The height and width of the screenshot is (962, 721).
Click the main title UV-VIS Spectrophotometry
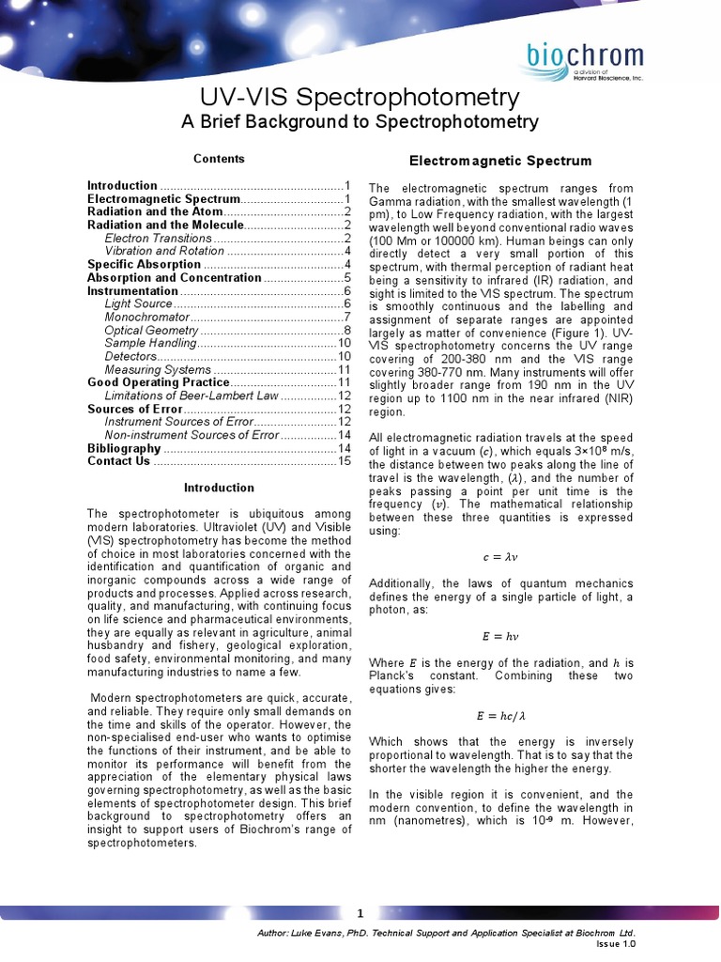tap(360, 98)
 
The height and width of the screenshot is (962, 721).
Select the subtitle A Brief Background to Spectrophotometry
tap(360, 122)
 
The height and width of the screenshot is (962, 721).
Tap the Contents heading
tap(219, 159)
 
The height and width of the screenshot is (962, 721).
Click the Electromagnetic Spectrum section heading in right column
tap(500, 162)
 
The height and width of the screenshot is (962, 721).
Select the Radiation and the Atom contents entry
tap(154, 212)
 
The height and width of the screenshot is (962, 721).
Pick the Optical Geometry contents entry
tap(151, 331)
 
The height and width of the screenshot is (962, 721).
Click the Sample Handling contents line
tap(150, 344)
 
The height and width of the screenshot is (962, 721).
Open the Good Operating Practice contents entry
tap(158, 382)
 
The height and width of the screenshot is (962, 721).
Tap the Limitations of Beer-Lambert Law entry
tap(192, 396)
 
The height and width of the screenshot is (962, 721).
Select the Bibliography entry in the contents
tap(124, 448)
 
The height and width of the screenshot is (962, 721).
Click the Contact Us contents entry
tap(118, 461)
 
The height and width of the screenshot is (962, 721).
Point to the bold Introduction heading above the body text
tap(219, 488)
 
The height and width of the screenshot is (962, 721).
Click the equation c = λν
tap(499, 557)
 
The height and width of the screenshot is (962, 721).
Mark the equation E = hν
tap(499, 636)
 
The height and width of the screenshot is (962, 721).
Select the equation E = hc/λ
tap(499, 715)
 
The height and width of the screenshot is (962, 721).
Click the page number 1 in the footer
tap(360, 913)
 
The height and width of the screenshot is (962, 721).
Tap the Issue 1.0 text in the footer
tap(617, 944)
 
